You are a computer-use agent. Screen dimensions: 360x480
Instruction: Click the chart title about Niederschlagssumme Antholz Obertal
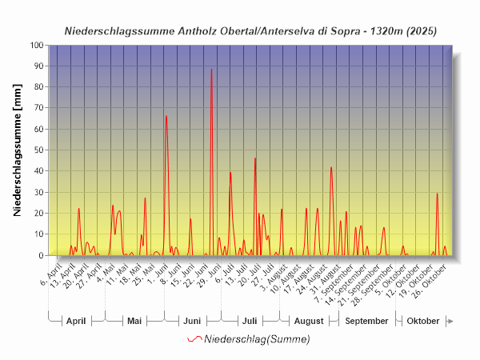click(x=250, y=30)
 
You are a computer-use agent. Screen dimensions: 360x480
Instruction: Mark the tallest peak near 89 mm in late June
click(x=211, y=70)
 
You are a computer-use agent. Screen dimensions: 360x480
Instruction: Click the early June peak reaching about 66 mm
click(x=166, y=117)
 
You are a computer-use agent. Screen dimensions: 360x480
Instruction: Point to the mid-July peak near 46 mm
click(x=255, y=159)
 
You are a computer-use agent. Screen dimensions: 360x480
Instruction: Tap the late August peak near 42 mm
click(x=331, y=168)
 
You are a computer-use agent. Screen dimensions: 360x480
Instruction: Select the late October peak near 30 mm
click(x=437, y=194)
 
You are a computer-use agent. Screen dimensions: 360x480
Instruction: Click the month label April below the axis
click(x=76, y=321)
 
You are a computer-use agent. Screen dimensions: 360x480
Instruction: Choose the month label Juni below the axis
click(x=192, y=321)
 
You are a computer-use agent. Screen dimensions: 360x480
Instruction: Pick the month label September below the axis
click(x=366, y=321)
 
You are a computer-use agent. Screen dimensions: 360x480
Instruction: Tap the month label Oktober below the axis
click(x=423, y=321)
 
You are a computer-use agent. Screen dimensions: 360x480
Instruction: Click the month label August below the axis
click(x=308, y=321)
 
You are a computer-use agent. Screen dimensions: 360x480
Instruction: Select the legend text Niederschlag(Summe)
click(x=257, y=339)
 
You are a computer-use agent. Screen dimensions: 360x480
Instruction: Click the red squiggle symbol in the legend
click(x=194, y=339)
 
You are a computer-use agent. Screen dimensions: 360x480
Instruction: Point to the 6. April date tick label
click(x=51, y=269)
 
